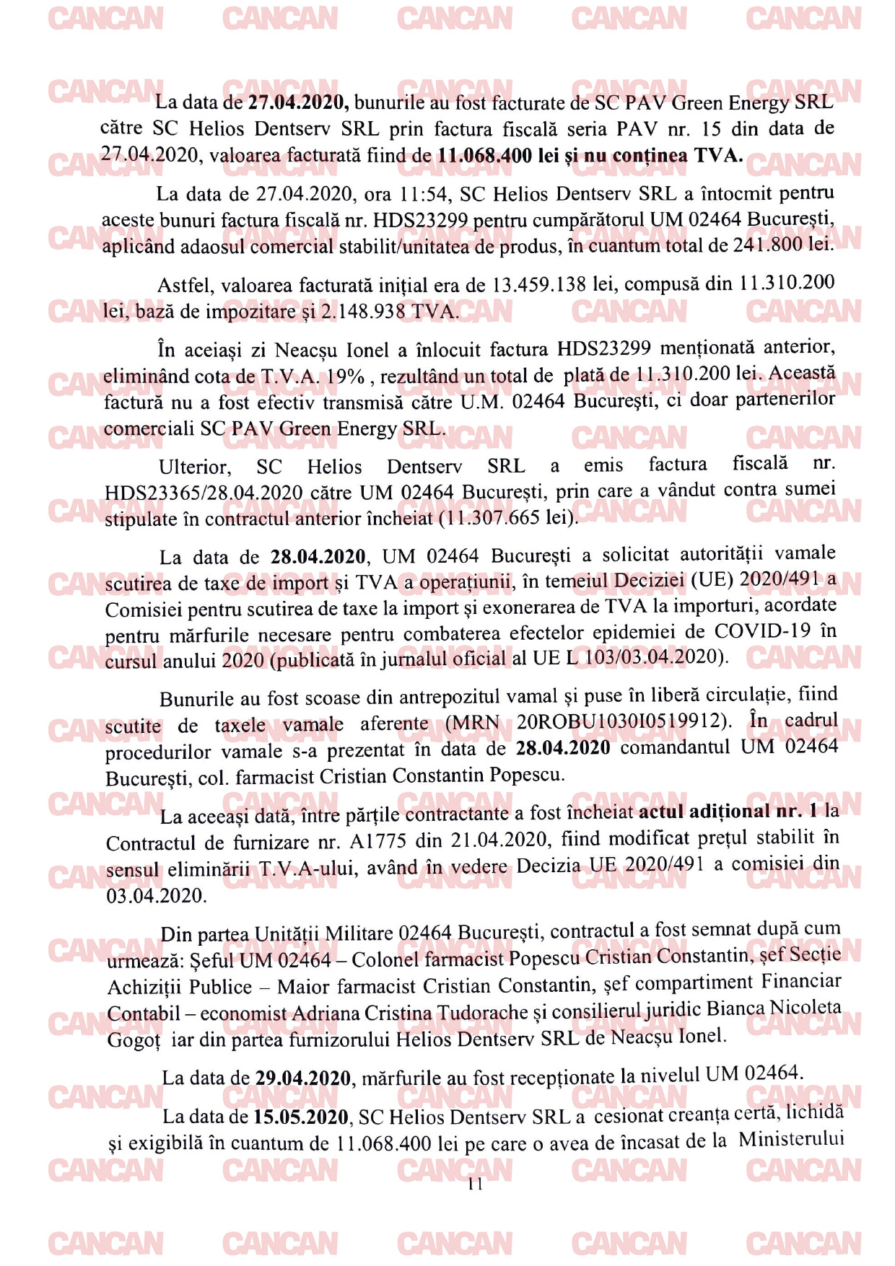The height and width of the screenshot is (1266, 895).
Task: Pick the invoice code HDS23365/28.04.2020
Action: point(204,493)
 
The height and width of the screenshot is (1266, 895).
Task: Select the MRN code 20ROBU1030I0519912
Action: point(620,721)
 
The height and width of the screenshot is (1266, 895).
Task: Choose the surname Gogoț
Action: point(134,1040)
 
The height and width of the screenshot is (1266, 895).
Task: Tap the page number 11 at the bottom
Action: point(475,1184)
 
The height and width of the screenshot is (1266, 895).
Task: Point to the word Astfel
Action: point(185,286)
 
